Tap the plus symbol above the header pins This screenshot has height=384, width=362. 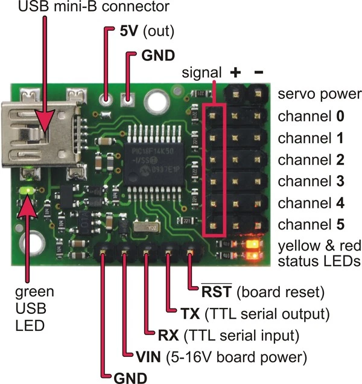(235, 72)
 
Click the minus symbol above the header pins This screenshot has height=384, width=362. (258, 72)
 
